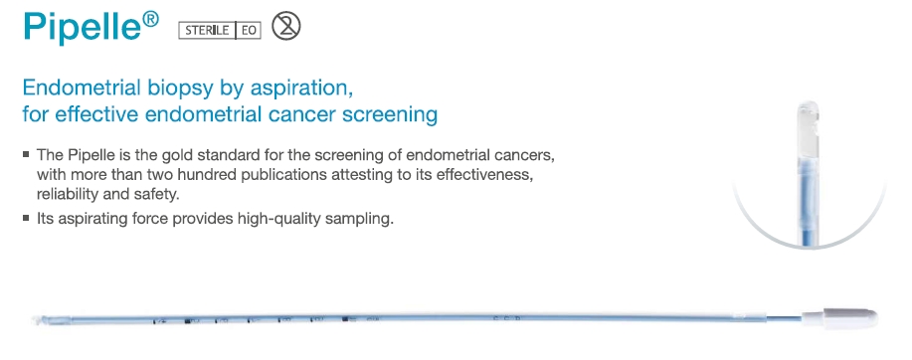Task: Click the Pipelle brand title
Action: [83, 27]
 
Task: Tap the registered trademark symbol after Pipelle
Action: [150, 19]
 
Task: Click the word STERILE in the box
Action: [207, 30]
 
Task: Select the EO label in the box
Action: [249, 30]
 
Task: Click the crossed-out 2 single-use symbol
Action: [286, 26]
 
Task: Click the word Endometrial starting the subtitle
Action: [82, 88]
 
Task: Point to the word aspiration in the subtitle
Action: [299, 89]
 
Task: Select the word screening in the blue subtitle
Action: [390, 115]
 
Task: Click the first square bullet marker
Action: [26, 155]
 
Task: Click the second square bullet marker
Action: [26, 218]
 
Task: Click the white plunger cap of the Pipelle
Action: [840, 317]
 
